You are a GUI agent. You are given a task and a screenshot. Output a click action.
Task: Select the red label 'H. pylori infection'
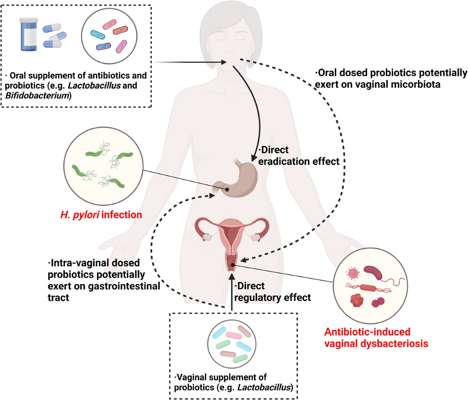pos(101,214)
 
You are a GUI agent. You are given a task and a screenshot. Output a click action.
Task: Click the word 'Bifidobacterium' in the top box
pos(37,95)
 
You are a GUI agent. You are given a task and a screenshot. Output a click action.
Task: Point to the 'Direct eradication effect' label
pos(298,156)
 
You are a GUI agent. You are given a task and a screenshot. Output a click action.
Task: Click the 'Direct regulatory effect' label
pos(272,292)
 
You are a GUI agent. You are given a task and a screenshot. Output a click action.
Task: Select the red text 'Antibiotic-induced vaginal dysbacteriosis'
pos(376,338)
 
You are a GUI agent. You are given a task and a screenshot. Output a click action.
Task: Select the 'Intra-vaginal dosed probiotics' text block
pos(103,280)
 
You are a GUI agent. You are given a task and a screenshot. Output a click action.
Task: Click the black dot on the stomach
pos(227,189)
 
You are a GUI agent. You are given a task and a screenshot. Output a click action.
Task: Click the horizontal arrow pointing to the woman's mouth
pos(191,62)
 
